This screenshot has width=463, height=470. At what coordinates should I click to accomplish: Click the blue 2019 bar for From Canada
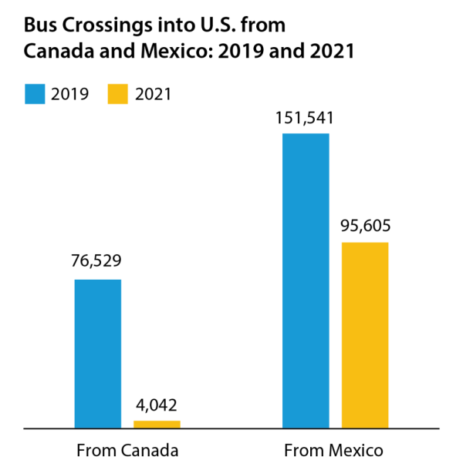tap(97, 353)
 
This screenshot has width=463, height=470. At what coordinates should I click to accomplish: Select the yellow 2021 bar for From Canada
tap(157, 424)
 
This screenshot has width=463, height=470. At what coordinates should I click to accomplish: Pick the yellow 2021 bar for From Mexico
tap(365, 334)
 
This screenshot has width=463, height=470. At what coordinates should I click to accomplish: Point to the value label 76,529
tap(97, 261)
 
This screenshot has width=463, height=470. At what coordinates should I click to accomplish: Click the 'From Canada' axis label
tap(127, 450)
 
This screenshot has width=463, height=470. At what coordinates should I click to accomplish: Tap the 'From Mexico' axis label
tap(333, 450)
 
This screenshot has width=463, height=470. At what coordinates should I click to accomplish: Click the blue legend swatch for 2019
tap(35, 95)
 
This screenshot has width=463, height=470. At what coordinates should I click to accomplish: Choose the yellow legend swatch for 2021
tap(114, 95)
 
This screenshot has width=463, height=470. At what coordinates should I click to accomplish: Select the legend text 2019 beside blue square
tap(70, 95)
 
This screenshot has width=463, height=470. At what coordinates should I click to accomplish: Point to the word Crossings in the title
tap(101, 25)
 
